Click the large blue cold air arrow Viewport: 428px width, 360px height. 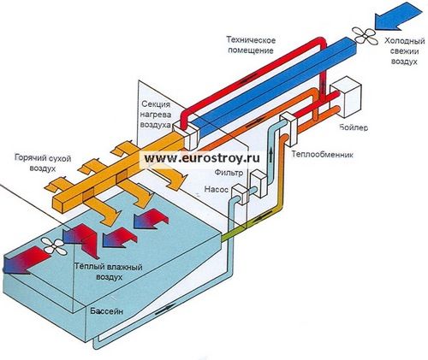pyautogui.click(x=399, y=16)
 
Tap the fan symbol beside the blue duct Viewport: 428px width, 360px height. pyautogui.click(x=365, y=36)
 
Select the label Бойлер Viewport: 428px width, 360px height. pyautogui.click(x=354, y=127)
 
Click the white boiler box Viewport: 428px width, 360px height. pyautogui.click(x=346, y=97)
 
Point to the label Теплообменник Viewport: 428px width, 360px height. pyautogui.click(x=323, y=155)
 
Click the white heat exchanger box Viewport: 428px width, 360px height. pyautogui.click(x=288, y=128)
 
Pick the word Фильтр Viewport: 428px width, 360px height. pyautogui.click(x=229, y=173)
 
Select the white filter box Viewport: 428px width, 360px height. pyautogui.click(x=259, y=184)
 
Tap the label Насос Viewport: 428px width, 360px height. pyautogui.click(x=217, y=189)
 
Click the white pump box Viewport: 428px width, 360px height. pyautogui.click(x=240, y=194)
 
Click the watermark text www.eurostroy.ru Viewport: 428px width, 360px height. pyautogui.click(x=202, y=157)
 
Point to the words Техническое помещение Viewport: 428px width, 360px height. pyautogui.click(x=251, y=45)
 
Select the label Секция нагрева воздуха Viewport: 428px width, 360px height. pyautogui.click(x=157, y=115)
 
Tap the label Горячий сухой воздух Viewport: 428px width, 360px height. pyautogui.click(x=43, y=163)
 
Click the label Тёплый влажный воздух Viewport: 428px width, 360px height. pyautogui.click(x=109, y=272)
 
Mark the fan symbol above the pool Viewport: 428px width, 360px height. pyautogui.click(x=55, y=245)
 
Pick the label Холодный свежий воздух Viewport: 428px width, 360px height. pyautogui.click(x=404, y=51)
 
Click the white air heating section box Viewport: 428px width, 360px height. pyautogui.click(x=186, y=134)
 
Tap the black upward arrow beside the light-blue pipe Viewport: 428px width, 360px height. pyautogui.click(x=270, y=156)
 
